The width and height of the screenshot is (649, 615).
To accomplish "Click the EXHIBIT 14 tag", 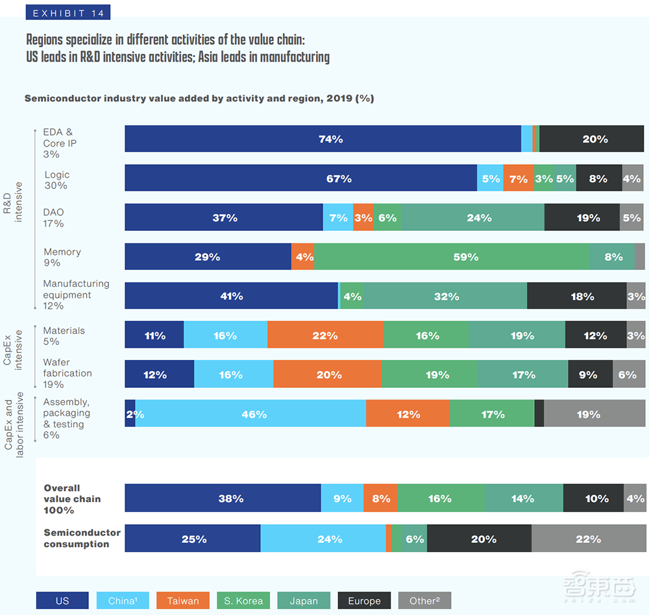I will (x=68, y=12).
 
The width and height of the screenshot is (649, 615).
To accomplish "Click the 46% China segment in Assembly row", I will (x=251, y=414).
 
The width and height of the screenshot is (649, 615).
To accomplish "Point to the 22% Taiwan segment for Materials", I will (x=325, y=335).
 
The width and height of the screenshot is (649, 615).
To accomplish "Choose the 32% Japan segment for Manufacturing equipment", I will (x=446, y=296).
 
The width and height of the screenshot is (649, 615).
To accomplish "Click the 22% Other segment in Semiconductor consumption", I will (x=588, y=538).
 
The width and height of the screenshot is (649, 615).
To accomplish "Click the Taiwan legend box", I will (x=182, y=601).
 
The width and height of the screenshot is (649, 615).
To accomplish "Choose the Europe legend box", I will (x=364, y=601).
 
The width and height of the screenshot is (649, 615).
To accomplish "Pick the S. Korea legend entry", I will (x=243, y=601).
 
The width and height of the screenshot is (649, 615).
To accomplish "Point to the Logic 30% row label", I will (x=56, y=180).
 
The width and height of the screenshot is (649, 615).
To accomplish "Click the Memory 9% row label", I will (x=62, y=257).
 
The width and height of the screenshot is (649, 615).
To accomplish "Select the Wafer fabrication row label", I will (x=67, y=373).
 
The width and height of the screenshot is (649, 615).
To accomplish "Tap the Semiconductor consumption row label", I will (x=82, y=538).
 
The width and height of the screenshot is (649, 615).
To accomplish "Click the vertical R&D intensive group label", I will (x=12, y=202).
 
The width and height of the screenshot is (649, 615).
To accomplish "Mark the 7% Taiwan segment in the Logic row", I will (x=519, y=178).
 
